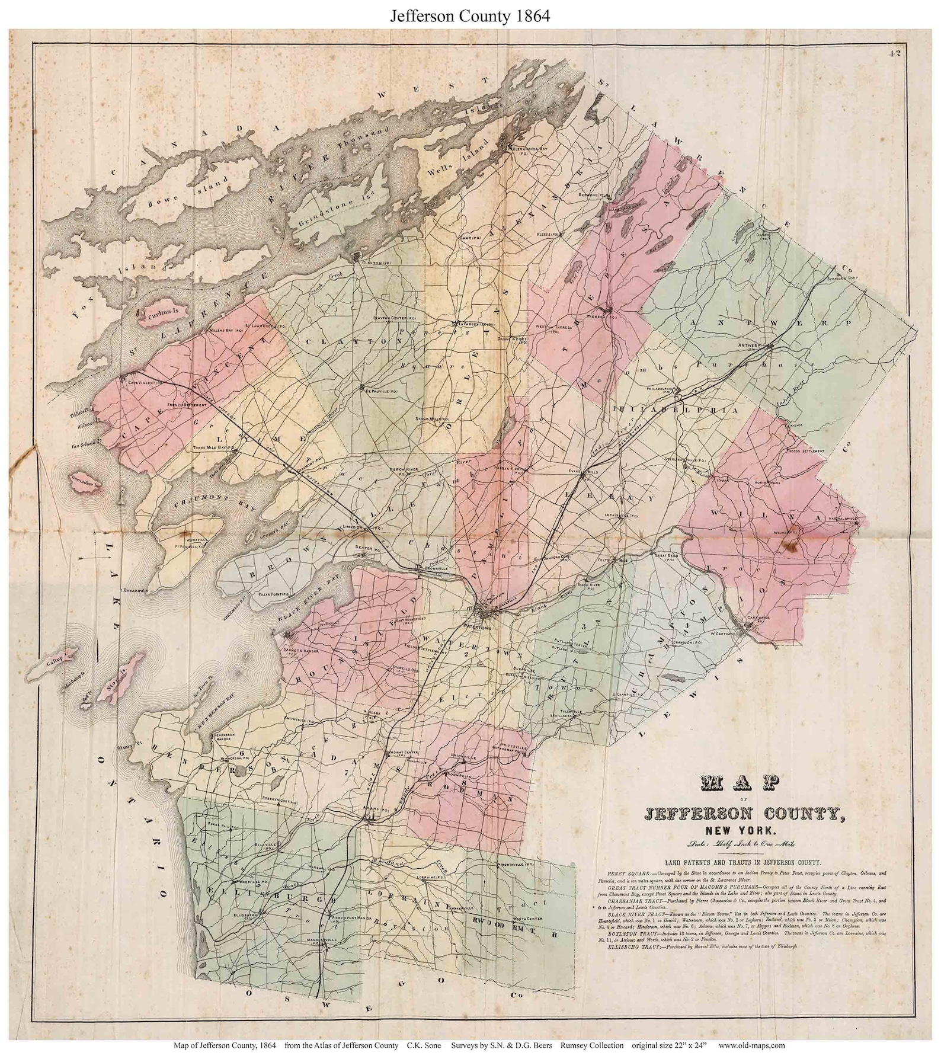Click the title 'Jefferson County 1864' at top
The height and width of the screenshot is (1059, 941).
click(x=469, y=16)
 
